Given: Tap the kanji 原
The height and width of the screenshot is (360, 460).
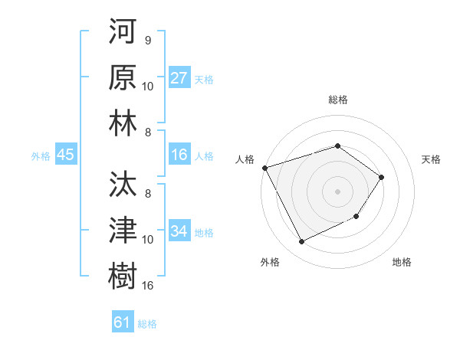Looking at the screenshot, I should (123, 79).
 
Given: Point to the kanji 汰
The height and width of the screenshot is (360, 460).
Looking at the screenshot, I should (123, 185).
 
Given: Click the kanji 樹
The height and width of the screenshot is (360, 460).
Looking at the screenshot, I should (123, 273).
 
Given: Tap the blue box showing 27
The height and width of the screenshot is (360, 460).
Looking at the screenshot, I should (179, 79).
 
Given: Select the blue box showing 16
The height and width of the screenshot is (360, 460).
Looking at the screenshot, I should (179, 155).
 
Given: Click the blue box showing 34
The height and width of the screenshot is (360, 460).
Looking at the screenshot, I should (179, 232).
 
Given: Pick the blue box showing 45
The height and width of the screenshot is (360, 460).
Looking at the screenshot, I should (66, 155).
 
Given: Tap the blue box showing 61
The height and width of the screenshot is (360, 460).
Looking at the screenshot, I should (123, 322).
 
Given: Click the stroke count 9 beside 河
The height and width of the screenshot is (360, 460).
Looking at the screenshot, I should (148, 41).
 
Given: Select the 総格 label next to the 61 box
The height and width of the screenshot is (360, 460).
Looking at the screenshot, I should (147, 324).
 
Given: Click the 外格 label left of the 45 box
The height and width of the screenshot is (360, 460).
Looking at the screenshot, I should (41, 156).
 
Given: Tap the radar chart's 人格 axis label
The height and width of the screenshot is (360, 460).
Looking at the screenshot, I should (245, 159).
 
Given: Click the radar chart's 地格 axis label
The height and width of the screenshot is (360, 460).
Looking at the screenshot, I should (402, 262).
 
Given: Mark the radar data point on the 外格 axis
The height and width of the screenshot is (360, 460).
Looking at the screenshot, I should (301, 242).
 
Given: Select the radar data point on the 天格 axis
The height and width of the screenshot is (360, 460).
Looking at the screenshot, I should (382, 178).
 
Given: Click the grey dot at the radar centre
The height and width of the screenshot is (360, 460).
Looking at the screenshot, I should (337, 191).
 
